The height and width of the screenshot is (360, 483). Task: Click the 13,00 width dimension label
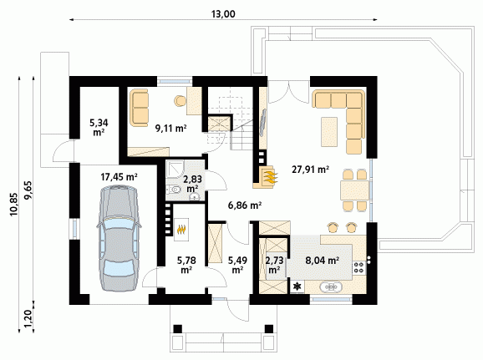pyautogui.click(x=223, y=14)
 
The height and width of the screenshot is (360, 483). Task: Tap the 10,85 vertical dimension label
pyautogui.click(x=14, y=205)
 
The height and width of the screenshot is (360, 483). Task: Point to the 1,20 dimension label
pyautogui.click(x=28, y=319)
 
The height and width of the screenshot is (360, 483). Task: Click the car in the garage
pyautogui.click(x=119, y=238)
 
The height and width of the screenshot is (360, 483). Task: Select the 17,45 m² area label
pyautogui.click(x=119, y=177)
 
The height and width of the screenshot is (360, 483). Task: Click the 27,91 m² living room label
pyautogui.click(x=311, y=169)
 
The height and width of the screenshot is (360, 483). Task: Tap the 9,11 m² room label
pyautogui.click(x=171, y=128)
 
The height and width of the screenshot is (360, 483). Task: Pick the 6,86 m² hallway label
pyautogui.click(x=245, y=205)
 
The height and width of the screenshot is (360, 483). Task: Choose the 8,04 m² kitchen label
pyautogui.click(x=323, y=261)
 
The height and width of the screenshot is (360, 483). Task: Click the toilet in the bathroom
pyautogui.click(x=173, y=190)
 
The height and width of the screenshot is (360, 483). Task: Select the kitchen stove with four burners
pyautogui.click(x=358, y=267)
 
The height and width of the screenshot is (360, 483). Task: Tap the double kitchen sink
pyautogui.click(x=331, y=286)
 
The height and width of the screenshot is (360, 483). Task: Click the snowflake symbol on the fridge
pyautogui.click(x=297, y=286)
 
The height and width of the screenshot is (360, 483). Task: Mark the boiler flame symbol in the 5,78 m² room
pyautogui.click(x=181, y=230)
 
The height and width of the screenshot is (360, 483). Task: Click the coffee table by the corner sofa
pyautogui.click(x=329, y=132)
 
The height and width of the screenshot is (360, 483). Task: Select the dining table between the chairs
pyautogui.click(x=354, y=190)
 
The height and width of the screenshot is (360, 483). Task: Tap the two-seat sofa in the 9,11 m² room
pyautogui.click(x=140, y=108)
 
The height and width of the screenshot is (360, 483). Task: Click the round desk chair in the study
pyautogui.click(x=180, y=101)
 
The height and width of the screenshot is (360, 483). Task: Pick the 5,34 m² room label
pyautogui.click(x=99, y=128)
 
